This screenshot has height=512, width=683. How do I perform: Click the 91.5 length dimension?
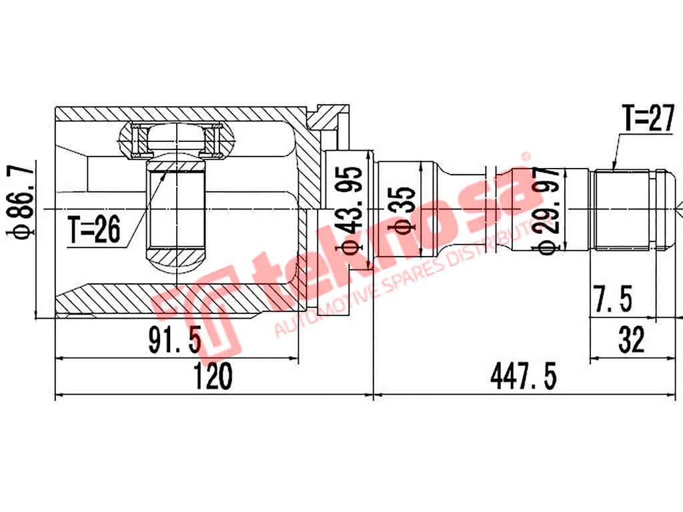point(175,341)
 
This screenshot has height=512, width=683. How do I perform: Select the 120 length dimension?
point(213,378)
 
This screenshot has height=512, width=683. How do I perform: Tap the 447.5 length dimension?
point(523,378)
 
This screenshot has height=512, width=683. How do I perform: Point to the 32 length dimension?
point(630,341)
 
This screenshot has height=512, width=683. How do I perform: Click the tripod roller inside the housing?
point(176,140)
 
